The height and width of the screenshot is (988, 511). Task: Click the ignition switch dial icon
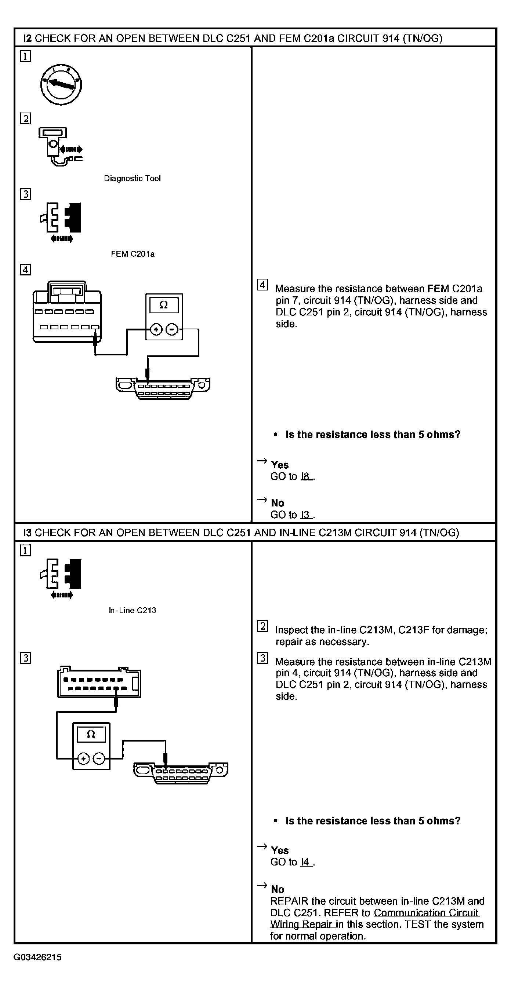(x=61, y=84)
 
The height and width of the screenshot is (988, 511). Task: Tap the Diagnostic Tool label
(x=132, y=178)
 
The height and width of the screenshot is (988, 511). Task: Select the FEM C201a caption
(x=133, y=254)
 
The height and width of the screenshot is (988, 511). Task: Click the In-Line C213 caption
(x=133, y=610)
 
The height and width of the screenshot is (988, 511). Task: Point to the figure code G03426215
(x=37, y=957)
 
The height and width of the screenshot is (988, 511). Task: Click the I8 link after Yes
(x=305, y=476)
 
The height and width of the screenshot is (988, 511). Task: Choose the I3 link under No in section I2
(x=305, y=515)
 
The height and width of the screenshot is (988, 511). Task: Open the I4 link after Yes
(x=305, y=862)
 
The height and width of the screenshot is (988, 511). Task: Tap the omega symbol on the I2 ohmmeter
(x=164, y=305)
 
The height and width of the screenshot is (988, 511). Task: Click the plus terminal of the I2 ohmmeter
(x=156, y=329)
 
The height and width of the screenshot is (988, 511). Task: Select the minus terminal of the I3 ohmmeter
(x=99, y=758)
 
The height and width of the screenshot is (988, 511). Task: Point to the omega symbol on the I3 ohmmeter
(x=91, y=734)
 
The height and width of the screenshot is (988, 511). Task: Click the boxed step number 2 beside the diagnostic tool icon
(x=25, y=118)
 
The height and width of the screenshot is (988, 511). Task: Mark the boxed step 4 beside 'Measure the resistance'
(x=262, y=285)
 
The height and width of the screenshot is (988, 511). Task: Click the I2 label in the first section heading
(x=27, y=39)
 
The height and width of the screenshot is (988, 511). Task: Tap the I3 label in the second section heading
(x=27, y=533)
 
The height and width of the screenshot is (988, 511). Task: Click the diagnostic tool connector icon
(x=60, y=147)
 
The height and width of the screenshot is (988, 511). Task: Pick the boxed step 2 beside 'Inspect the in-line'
(x=262, y=626)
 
